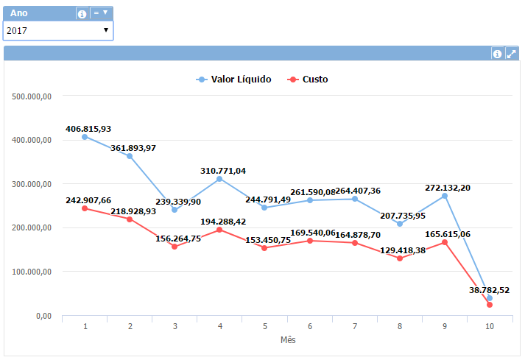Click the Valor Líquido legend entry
pos(234,80)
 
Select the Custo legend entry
pos(309,80)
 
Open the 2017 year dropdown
pos(58,30)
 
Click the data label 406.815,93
pos(88,129)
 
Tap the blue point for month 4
pos(219,179)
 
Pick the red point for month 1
pos(85,208)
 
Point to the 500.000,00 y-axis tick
pos(32,96)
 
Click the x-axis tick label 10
pos(490,326)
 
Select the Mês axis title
pos(288,340)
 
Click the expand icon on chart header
pos(512,54)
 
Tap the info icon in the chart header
pos(497,54)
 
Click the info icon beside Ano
pos(82,13)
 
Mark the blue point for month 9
pos(445,196)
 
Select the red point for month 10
pos(490,305)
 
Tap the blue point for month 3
pos(175,210)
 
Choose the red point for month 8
pos(400,258)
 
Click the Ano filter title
pos(20,13)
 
